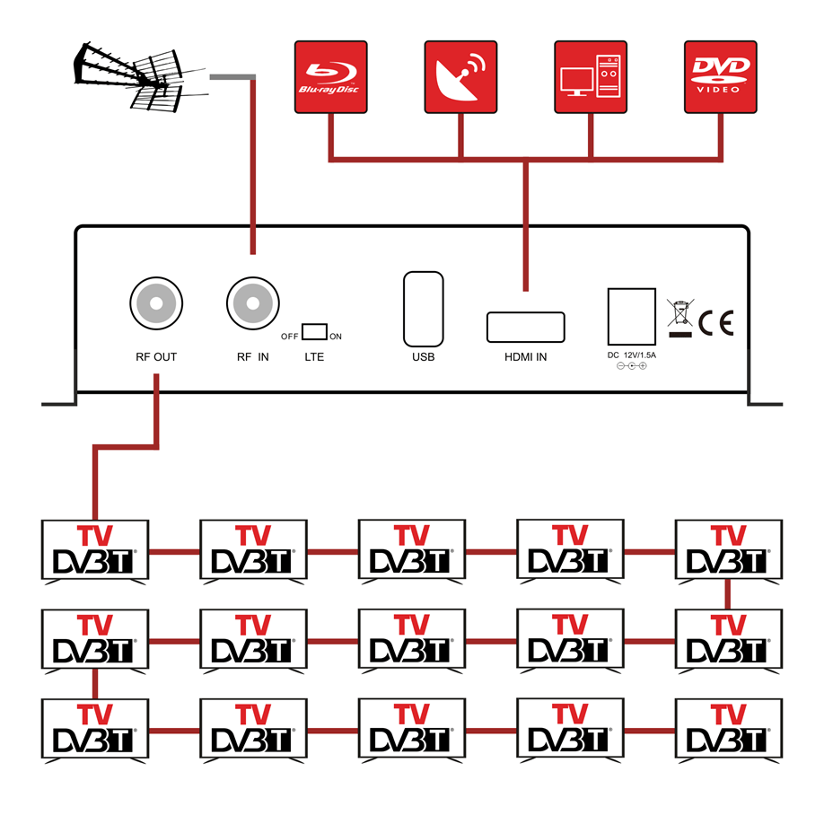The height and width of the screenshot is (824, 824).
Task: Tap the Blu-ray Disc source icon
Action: pyautogui.click(x=330, y=76)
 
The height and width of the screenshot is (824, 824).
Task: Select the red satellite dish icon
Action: pyautogui.click(x=460, y=76)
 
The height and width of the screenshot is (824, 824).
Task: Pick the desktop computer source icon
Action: pyautogui.click(x=590, y=76)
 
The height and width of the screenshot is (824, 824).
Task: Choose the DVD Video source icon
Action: pyautogui.click(x=720, y=76)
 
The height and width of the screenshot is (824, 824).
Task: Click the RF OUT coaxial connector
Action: pyautogui.click(x=156, y=303)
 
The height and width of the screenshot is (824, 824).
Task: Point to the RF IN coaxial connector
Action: pyautogui.click(x=252, y=303)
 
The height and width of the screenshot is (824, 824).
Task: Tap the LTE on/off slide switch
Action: pyautogui.click(x=314, y=331)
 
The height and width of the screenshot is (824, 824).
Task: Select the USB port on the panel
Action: pyautogui.click(x=424, y=308)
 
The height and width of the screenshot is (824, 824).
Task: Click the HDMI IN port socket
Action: pyautogui.click(x=525, y=327)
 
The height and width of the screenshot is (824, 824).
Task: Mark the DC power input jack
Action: pyautogui.click(x=632, y=314)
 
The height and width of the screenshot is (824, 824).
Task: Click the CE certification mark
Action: pyautogui.click(x=715, y=322)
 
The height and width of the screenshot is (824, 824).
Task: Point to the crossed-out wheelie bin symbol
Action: pyautogui.click(x=680, y=313)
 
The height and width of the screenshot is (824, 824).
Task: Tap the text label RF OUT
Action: pyautogui.click(x=156, y=357)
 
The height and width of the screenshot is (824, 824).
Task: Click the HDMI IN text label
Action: pyautogui.click(x=525, y=357)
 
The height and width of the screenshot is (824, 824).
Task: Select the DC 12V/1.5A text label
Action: pyautogui.click(x=632, y=356)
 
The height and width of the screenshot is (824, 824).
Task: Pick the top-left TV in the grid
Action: pyautogui.click(x=95, y=550)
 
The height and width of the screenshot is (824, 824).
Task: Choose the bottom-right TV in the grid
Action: pyautogui.click(x=728, y=730)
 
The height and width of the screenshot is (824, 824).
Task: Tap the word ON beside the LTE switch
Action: pyautogui.click(x=337, y=337)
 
